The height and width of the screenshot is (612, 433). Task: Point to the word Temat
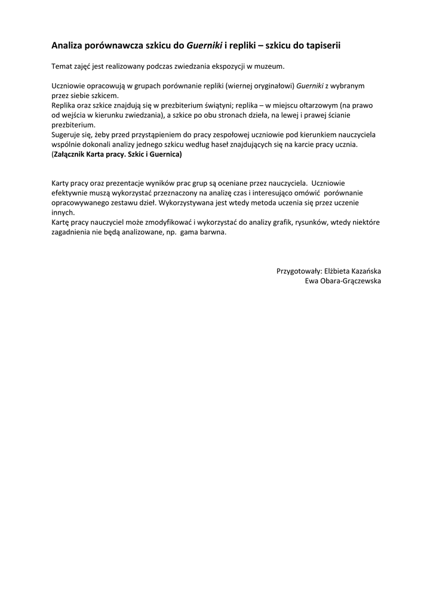click(x=62, y=66)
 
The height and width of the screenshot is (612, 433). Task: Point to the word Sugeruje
click(x=68, y=134)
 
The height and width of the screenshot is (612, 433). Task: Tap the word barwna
click(x=214, y=232)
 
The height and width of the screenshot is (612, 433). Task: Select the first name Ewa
click(x=312, y=281)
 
